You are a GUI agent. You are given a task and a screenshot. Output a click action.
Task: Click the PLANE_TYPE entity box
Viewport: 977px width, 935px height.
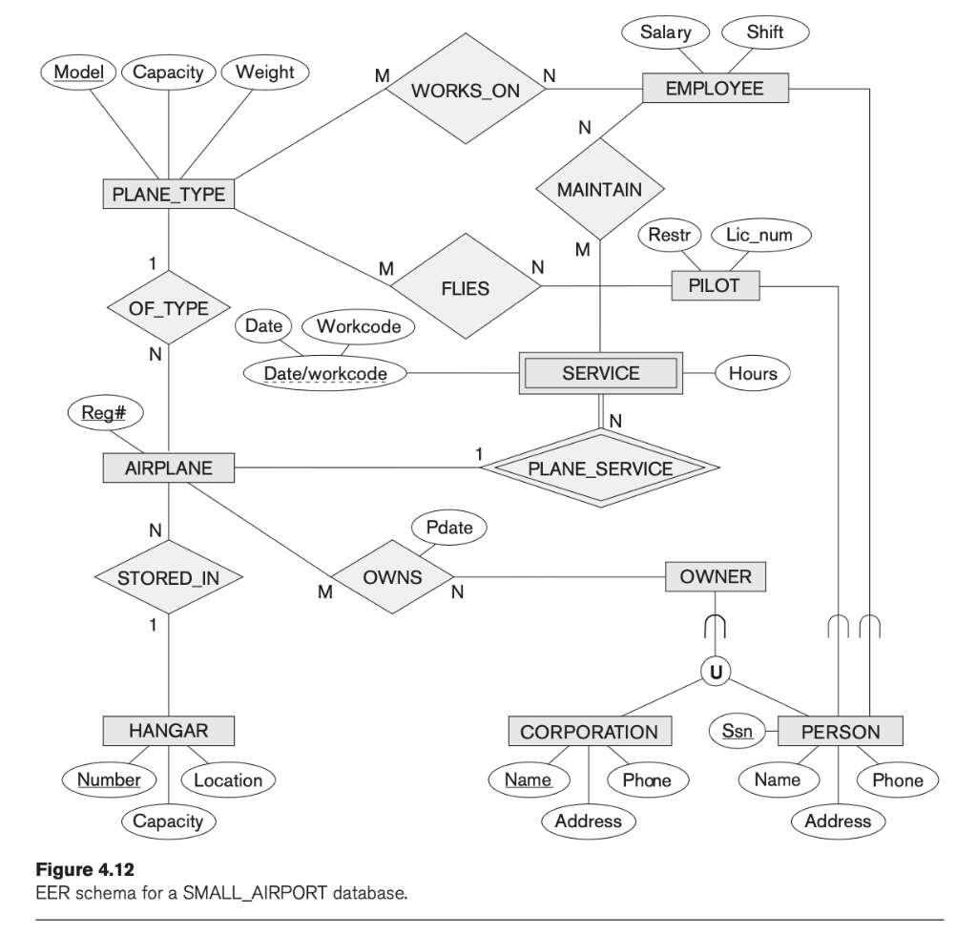168,195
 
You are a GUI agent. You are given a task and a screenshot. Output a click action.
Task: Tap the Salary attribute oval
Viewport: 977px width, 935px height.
663,32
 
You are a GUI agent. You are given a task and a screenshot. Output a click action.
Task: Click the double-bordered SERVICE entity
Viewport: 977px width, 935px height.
601,374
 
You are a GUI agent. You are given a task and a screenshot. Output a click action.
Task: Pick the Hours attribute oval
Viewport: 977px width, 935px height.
752,374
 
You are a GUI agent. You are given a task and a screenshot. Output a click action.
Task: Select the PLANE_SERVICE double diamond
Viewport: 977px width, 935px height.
600,468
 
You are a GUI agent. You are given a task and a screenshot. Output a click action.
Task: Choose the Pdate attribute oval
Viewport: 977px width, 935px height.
448,526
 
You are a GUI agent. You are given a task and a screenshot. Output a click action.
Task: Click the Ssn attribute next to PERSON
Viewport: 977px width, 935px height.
737,732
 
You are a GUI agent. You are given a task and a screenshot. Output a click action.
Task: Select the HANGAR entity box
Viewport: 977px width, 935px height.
168,732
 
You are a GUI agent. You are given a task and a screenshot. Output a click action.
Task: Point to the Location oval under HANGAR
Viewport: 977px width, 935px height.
228,779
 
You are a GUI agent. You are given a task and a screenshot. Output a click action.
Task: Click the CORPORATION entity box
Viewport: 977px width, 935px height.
589,732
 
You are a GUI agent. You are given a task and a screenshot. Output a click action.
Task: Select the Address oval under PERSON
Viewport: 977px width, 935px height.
837,821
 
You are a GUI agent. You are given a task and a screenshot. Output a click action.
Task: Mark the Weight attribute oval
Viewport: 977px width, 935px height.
264,73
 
